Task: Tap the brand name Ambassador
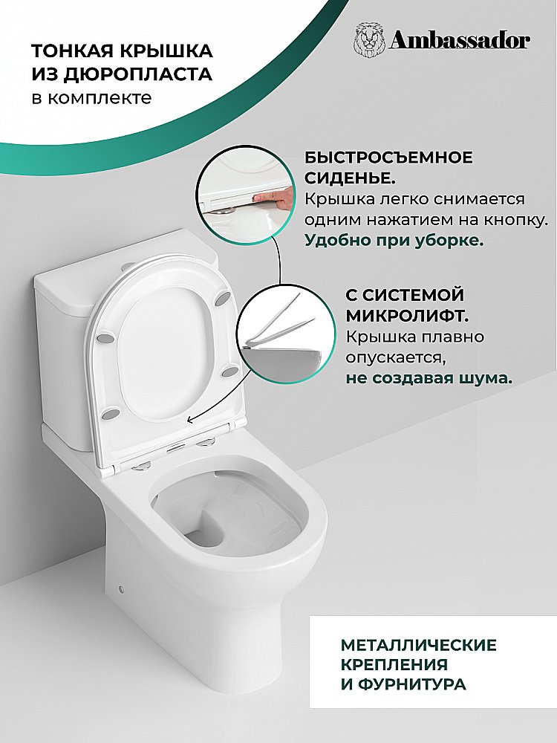click(460, 41)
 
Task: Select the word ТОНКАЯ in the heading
click(68, 51)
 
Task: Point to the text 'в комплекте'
click(91, 97)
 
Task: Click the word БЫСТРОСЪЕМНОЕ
click(388, 158)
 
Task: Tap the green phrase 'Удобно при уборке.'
click(394, 240)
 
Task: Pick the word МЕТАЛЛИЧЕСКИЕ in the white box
click(419, 645)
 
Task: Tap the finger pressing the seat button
click(273, 197)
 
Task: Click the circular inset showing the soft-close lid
click(286, 333)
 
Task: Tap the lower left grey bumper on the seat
click(110, 412)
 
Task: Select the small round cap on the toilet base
click(123, 590)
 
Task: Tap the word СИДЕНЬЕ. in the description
click(350, 178)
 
